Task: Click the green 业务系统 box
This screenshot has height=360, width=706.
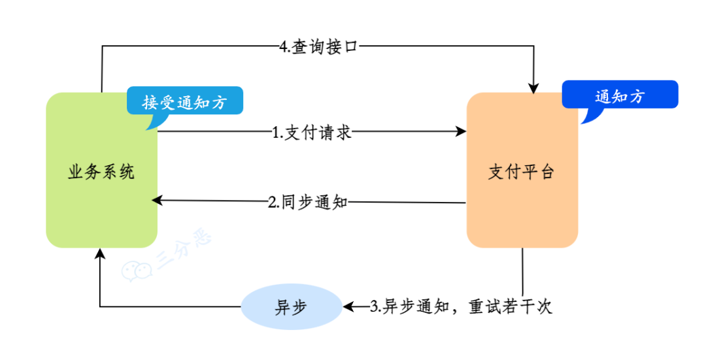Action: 101,196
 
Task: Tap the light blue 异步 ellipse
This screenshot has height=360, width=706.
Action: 292,306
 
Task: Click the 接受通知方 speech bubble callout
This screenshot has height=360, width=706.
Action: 184,103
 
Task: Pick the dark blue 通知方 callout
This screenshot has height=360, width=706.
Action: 620,97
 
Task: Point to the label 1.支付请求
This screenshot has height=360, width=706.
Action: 312,133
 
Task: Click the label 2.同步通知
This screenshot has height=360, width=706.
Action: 307,201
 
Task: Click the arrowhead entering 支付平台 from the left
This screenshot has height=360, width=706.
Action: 462,132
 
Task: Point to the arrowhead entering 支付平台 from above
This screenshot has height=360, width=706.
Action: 535,88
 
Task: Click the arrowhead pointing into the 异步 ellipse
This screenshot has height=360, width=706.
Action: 348,306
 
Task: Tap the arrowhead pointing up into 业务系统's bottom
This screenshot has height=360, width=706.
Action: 99,253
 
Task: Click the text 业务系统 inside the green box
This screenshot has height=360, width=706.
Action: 101,172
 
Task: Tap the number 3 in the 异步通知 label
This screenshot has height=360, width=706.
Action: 374,306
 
